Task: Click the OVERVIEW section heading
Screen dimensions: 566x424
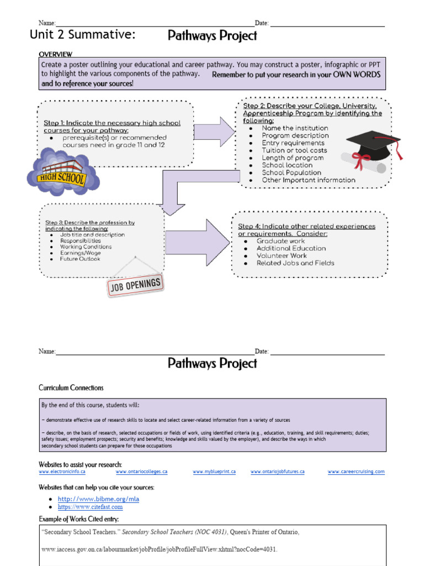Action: [x=55, y=54]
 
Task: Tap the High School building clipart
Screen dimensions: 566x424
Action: [x=62, y=171]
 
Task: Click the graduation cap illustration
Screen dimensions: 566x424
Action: [x=371, y=150]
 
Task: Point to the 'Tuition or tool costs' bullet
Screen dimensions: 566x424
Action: [x=294, y=150]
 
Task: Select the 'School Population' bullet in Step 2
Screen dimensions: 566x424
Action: [x=291, y=172]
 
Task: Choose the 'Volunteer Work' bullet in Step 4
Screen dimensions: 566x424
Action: [x=282, y=256]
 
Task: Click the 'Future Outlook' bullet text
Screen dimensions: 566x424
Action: [x=80, y=259]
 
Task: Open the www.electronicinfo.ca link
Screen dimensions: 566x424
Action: [x=62, y=472]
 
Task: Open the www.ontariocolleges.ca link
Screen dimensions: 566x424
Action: [x=141, y=472]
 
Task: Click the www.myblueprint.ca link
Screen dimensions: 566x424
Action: [x=214, y=472]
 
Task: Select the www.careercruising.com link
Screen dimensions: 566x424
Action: [x=356, y=472]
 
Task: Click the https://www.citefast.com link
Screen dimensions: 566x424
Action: [x=91, y=507]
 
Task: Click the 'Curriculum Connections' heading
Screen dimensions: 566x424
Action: [x=71, y=388]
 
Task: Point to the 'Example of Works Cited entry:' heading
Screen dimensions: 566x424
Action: [x=78, y=519]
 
